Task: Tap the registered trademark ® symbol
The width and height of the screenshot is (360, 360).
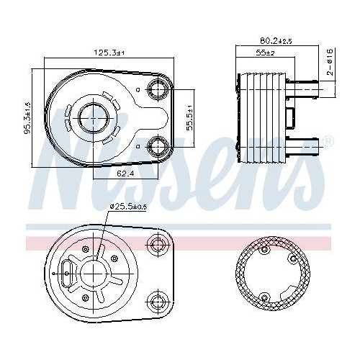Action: pos(329,141)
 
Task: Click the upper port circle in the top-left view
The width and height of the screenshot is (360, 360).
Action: pos(158,90)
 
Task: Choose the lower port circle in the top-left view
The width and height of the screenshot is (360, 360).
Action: pos(158,148)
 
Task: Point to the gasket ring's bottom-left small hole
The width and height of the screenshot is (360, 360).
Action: pos(265,297)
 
